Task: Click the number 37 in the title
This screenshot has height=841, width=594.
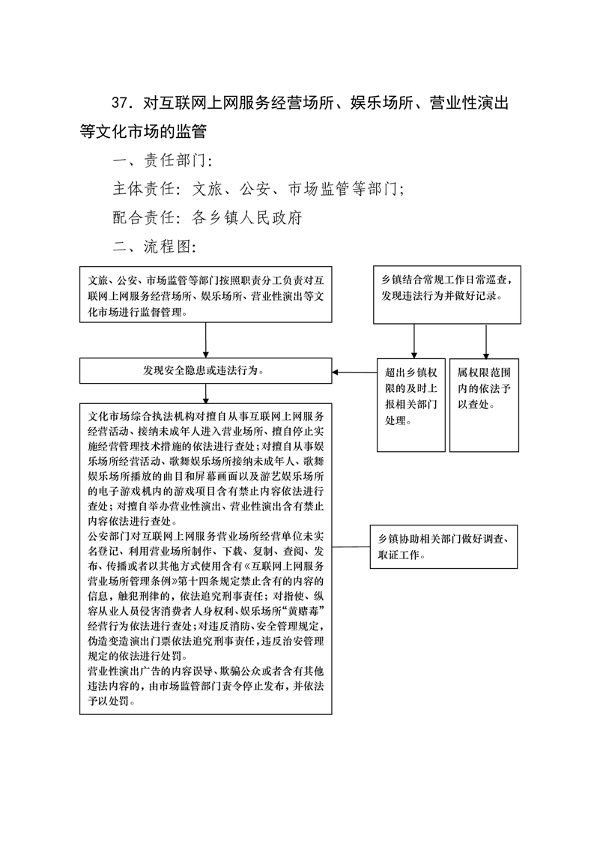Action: click(x=121, y=103)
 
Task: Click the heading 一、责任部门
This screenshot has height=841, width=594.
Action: click(x=163, y=160)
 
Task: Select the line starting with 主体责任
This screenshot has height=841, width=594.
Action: click(x=258, y=189)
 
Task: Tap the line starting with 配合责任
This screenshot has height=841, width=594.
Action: click(x=207, y=217)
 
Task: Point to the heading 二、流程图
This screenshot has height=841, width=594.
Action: click(x=154, y=246)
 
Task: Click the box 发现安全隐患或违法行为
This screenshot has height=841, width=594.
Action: click(x=206, y=370)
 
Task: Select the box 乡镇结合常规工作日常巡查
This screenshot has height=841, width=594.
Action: click(x=447, y=295)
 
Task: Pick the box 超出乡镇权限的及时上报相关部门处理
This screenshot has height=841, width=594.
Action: click(x=411, y=405)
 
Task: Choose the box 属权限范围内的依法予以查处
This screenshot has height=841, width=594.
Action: click(x=484, y=405)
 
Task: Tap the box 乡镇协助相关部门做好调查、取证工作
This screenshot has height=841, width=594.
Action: click(x=444, y=546)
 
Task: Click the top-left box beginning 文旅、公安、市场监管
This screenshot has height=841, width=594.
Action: click(x=206, y=295)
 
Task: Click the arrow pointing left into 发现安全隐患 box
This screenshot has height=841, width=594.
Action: click(x=354, y=373)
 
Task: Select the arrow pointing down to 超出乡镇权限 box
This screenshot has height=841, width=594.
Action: click(x=414, y=341)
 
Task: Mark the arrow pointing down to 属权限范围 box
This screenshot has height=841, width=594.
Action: click(x=486, y=341)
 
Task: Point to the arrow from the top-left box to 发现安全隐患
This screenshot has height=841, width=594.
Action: click(x=206, y=340)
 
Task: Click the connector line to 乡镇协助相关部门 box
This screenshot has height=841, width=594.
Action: click(x=351, y=547)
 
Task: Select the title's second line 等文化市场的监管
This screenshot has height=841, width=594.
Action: click(x=143, y=131)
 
